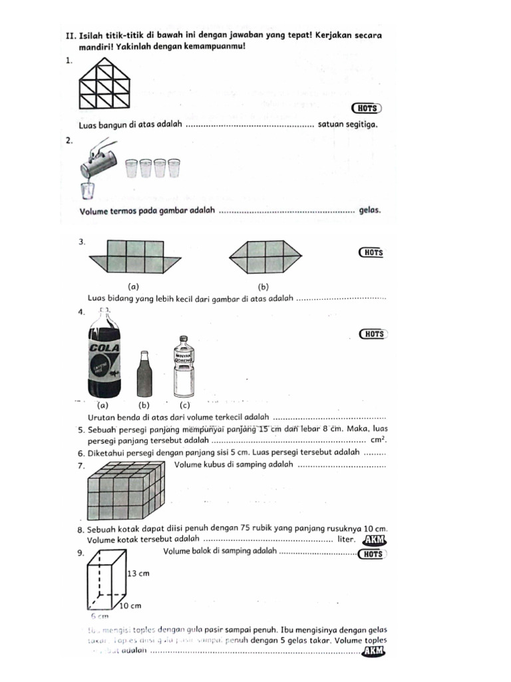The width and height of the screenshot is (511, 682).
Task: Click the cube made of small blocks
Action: click(x=125, y=492)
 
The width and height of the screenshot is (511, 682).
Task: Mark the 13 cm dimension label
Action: click(x=138, y=573)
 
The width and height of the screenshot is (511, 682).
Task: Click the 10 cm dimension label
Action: click(x=132, y=606)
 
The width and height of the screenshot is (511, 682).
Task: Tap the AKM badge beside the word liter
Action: click(x=375, y=540)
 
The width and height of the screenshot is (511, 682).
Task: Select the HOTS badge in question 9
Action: click(x=371, y=553)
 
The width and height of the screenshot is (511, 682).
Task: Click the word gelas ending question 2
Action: click(x=369, y=210)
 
